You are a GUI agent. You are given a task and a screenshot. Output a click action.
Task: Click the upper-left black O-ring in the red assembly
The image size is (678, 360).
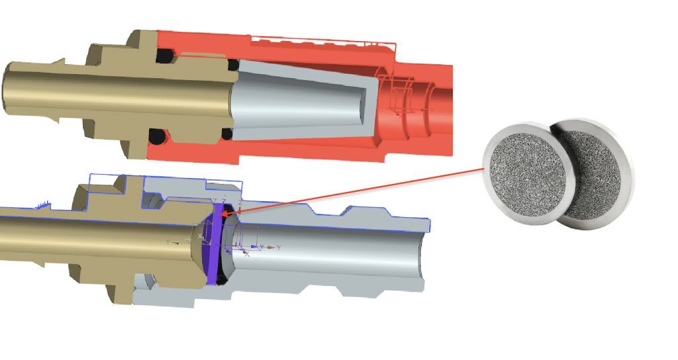pyautogui.click(x=162, y=58)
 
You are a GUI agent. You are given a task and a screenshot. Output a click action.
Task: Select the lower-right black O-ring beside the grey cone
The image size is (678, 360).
pyautogui.click(x=227, y=134)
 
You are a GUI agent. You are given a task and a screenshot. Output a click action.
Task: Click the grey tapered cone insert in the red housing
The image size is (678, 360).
pyautogui.click(x=298, y=99)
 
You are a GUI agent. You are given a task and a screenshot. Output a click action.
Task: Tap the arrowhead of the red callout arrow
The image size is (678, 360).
pyautogui.click(x=224, y=213)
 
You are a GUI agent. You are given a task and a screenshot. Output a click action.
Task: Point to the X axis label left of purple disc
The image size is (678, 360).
pyautogui.click(x=200, y=236)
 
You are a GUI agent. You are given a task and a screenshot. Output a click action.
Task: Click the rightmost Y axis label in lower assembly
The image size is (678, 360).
pyautogui.click(x=279, y=247)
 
